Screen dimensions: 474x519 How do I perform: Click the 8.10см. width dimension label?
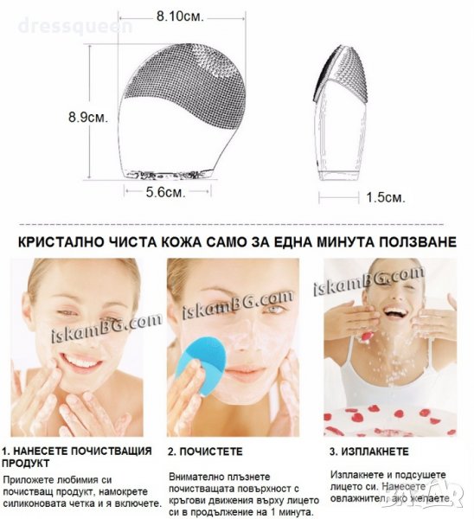click(180, 16)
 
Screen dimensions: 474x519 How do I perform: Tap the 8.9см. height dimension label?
click(88, 117)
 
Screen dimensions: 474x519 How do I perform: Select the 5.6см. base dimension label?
click(166, 192)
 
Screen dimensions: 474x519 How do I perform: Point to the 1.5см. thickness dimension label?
click(386, 197)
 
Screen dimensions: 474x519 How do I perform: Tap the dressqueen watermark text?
click(75, 26)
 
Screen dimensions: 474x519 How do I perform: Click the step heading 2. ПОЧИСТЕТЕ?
click(205, 452)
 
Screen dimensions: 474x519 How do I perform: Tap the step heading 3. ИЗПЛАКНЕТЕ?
click(369, 452)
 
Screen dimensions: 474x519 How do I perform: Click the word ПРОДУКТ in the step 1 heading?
click(25, 464)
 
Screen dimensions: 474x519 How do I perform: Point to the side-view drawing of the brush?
click(341, 112)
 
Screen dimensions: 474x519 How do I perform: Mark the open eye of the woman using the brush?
click(273, 309)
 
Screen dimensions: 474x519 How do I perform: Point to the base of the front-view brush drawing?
click(168, 175)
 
